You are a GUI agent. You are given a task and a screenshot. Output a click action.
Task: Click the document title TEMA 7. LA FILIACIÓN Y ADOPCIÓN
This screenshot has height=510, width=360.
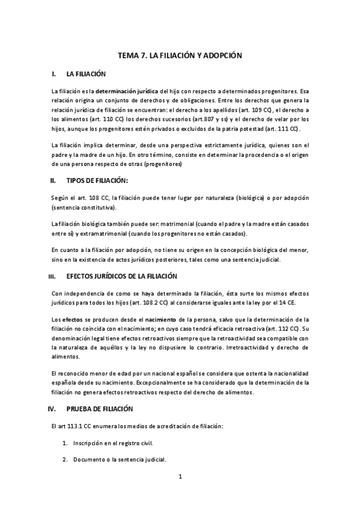180,55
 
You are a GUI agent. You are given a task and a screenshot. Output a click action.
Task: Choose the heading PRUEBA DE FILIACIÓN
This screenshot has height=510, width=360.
99,408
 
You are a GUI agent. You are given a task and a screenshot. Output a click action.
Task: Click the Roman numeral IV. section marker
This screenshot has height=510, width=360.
52,408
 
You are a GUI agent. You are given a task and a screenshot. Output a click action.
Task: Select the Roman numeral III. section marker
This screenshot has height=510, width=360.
52,276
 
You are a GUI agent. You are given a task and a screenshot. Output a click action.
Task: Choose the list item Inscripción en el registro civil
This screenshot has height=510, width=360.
113,443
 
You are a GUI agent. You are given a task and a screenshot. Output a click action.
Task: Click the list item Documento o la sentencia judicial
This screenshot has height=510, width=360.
120,460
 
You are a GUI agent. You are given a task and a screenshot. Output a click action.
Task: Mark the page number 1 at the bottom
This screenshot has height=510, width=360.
180,478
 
